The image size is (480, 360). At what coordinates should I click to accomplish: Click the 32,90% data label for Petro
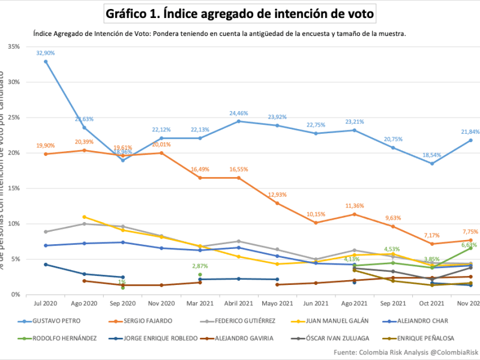[x=46, y=53]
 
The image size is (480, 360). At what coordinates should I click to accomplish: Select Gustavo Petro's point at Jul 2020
[x=46, y=61]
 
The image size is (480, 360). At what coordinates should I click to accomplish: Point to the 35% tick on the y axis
[x=13, y=46]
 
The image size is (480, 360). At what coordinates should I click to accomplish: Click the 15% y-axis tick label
[x=13, y=188]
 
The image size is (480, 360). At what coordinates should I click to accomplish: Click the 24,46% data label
[x=239, y=113]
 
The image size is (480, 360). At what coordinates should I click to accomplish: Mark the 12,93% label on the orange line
[x=277, y=194]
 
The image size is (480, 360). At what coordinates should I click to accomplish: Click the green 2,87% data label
[x=200, y=266]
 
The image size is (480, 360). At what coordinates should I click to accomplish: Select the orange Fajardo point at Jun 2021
[x=316, y=223]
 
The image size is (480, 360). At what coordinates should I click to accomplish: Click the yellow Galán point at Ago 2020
[x=85, y=217]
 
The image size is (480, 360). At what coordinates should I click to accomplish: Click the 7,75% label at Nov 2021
[x=470, y=232]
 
